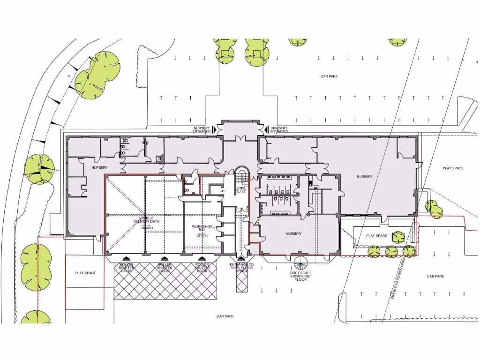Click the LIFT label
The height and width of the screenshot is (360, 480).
tap(224, 191)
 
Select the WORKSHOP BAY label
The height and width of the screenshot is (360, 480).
tap(202, 228)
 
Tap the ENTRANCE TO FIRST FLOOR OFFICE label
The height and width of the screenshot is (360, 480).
tap(241, 267)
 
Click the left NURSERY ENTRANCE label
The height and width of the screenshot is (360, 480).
tap(202, 129)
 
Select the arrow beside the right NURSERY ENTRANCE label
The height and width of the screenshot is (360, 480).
tap(265, 129)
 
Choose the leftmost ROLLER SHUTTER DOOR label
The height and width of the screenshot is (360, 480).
tap(126, 267)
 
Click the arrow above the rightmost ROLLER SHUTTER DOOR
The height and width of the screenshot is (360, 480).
tap(202, 258)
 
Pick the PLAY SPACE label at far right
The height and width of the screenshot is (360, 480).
tap(453, 168)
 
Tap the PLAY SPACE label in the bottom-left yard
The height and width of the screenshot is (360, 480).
tap(85, 273)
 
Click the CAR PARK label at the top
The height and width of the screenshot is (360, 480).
tap(329, 76)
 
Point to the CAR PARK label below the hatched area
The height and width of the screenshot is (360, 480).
tap(225, 316)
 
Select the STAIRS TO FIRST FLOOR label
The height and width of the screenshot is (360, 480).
tap(241, 190)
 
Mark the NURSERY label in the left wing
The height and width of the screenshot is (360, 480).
tap(99, 167)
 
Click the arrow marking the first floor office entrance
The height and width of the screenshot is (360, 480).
tap(241, 258)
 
